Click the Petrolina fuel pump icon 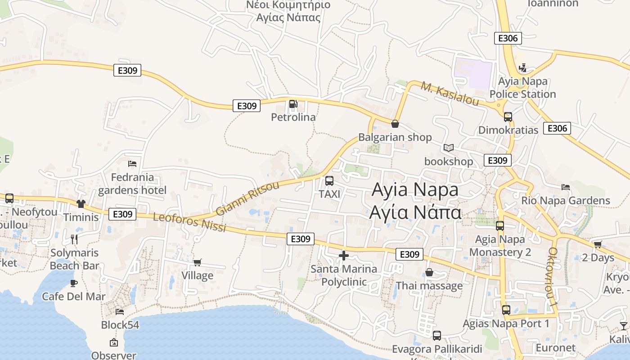coord(293,104)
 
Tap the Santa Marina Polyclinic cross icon coord(344,256)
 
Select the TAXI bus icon coord(329,181)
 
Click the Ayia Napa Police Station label coord(522,88)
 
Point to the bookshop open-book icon coord(449,148)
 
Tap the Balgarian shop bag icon coord(395,123)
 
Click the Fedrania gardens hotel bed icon coord(132,163)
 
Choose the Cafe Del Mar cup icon coord(74,283)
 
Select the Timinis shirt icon coord(81,204)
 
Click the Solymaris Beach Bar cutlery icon coord(74,239)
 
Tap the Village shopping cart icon coord(197,262)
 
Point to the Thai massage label coord(429,286)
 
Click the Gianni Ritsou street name coord(247,198)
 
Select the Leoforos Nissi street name coord(189,222)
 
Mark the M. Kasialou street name coord(450,93)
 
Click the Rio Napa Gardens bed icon coord(566,187)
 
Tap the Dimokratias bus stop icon coord(508,117)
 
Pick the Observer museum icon coord(114,342)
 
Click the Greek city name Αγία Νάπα coord(415,212)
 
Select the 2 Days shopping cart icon coord(598,244)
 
